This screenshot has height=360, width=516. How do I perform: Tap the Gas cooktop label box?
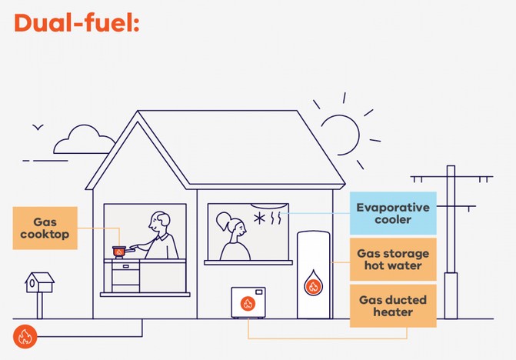[x=45, y=228]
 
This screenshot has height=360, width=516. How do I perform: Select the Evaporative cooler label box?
[x=393, y=213]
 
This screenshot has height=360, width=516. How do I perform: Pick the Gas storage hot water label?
[x=393, y=259]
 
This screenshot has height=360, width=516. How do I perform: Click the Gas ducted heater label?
[x=393, y=305]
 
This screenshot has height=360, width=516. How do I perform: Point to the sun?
[x=340, y=135]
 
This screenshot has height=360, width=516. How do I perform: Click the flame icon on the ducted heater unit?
[x=248, y=303]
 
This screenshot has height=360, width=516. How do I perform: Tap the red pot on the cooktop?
[x=119, y=251]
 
